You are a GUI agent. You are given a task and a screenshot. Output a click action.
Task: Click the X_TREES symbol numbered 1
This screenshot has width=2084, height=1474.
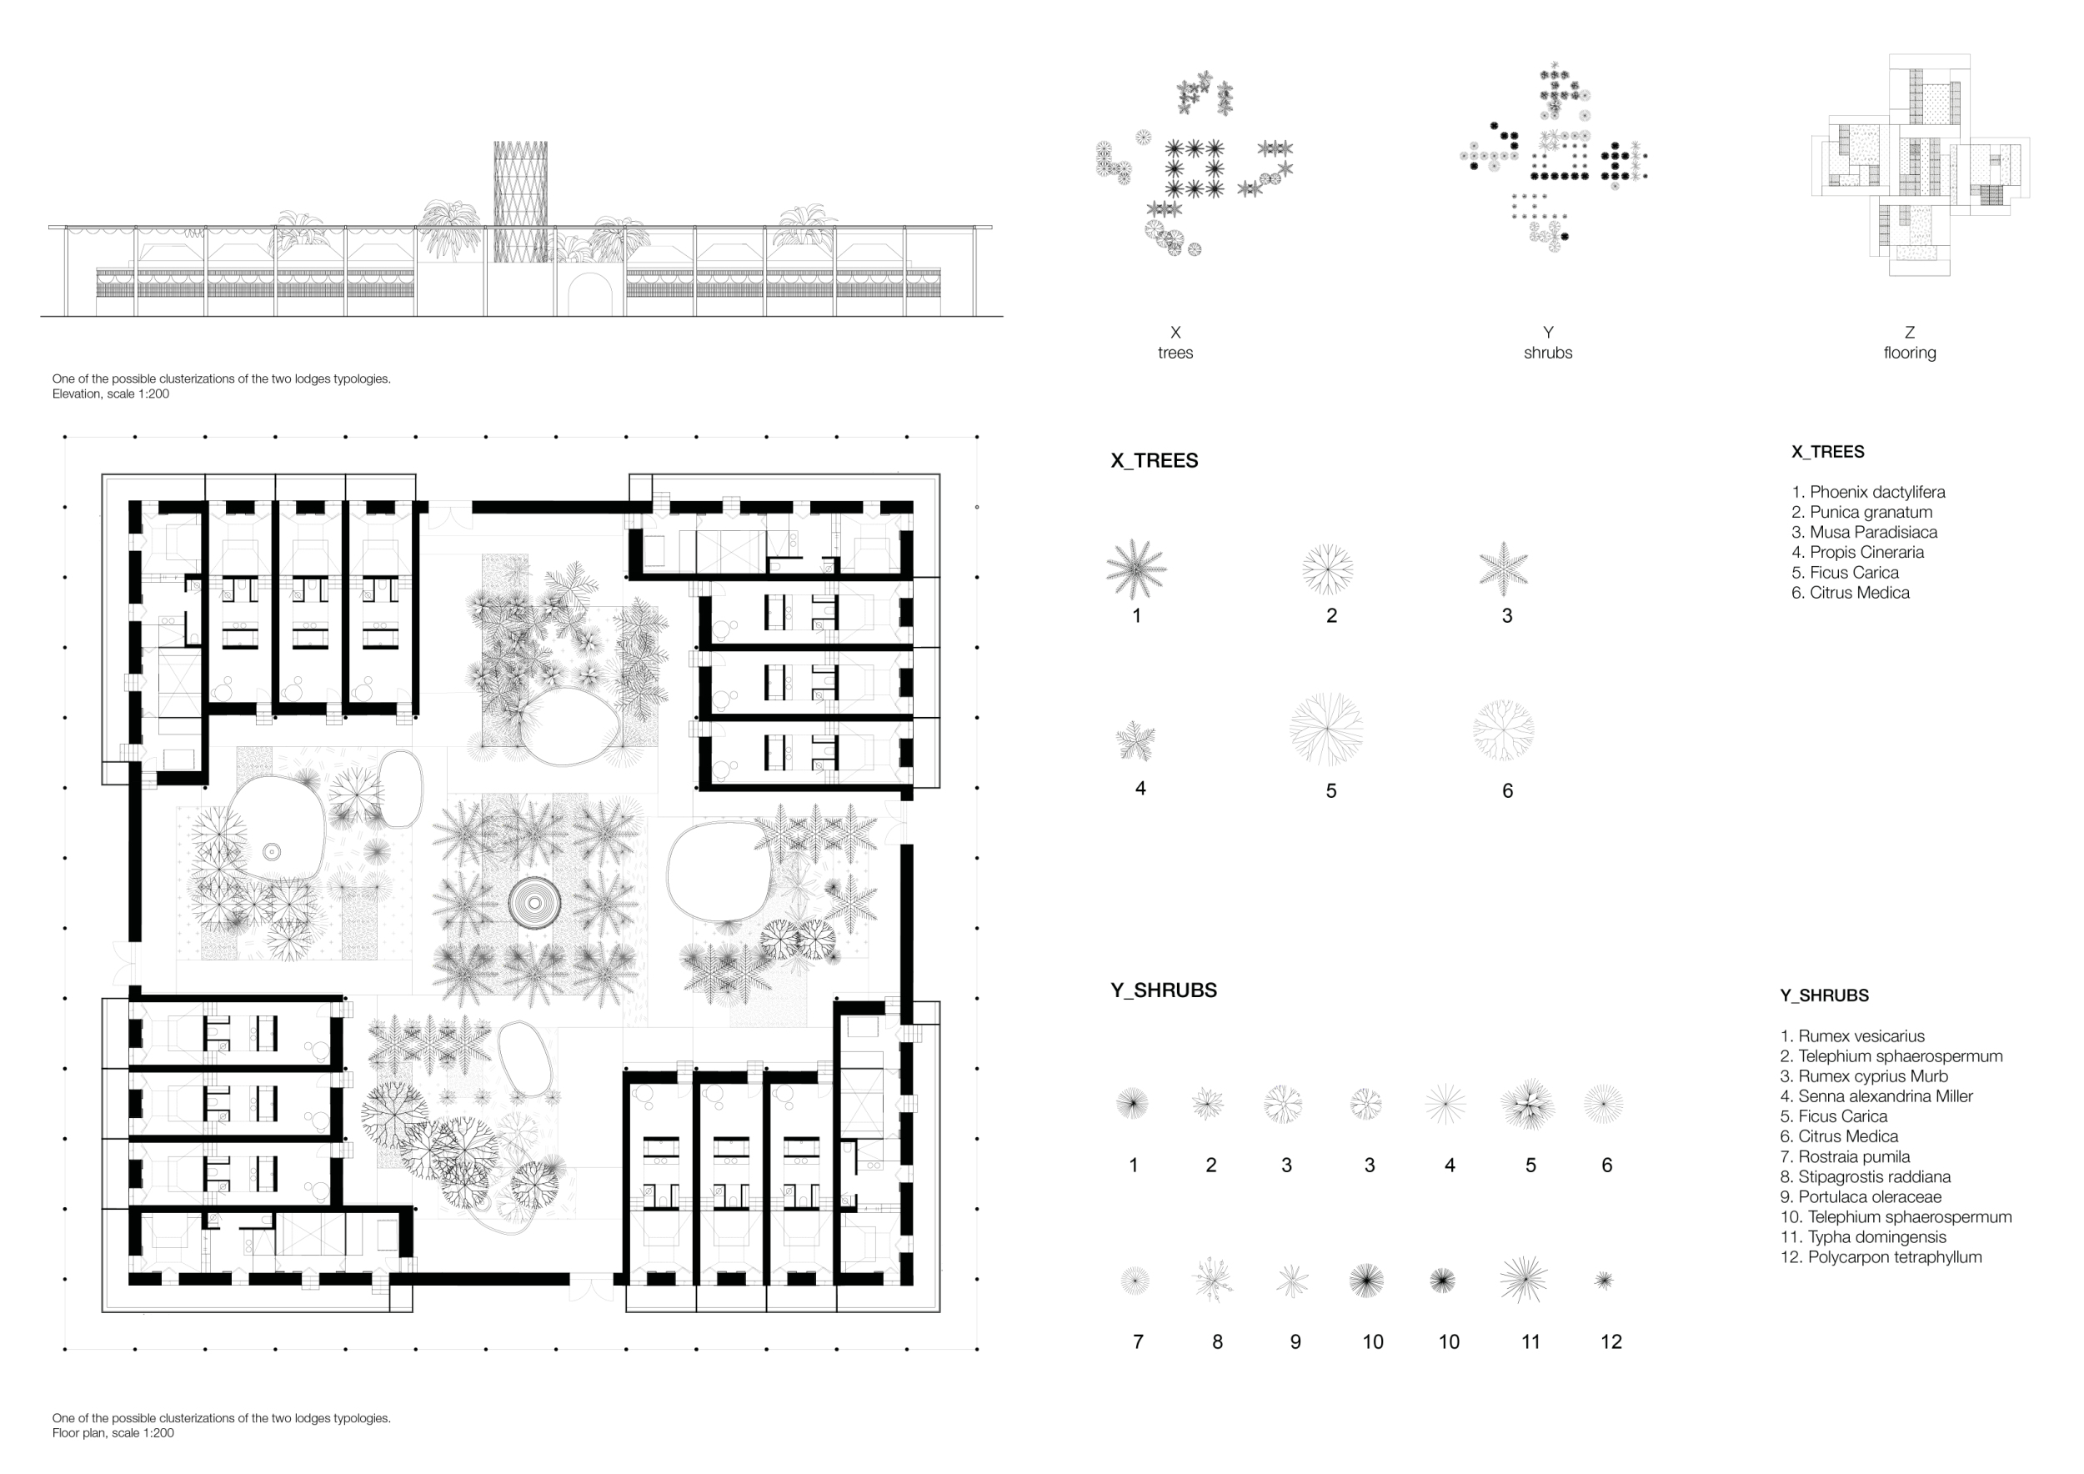point(1135,569)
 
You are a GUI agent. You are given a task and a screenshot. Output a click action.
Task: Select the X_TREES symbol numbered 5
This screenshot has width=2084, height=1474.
point(1326,729)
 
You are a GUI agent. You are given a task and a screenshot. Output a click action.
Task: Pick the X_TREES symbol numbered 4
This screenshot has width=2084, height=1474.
point(1135,740)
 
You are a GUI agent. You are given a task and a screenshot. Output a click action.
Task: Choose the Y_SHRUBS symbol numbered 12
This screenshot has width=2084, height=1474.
point(1604,1280)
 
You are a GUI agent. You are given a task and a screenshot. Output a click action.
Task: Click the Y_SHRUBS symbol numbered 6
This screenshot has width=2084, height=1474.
point(1603,1104)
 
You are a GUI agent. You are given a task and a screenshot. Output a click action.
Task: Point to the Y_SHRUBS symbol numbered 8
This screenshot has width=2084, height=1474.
point(1212,1281)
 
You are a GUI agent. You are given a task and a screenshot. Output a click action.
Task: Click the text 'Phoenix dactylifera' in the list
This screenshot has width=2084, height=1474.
point(1877,492)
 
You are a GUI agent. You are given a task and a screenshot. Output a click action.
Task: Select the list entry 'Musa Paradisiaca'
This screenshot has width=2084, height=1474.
point(1873,532)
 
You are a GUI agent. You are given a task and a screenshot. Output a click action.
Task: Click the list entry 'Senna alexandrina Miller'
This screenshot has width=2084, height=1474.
point(1886,1096)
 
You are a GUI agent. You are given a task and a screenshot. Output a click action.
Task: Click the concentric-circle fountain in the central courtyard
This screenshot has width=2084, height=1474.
point(534,903)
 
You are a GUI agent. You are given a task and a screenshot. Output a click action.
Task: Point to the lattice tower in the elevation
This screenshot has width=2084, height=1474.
point(520,202)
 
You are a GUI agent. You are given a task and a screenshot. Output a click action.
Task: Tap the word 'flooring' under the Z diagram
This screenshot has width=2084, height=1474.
point(1909,353)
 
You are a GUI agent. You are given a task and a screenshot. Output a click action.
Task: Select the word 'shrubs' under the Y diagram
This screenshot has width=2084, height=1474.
point(1547,352)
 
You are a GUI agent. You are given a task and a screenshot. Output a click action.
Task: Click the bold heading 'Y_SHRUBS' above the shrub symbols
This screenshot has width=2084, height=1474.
point(1164,990)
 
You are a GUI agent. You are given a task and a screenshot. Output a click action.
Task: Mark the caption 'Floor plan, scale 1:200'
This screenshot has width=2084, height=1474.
point(113,1433)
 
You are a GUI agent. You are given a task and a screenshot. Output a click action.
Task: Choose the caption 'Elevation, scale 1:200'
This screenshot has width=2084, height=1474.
point(111,394)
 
